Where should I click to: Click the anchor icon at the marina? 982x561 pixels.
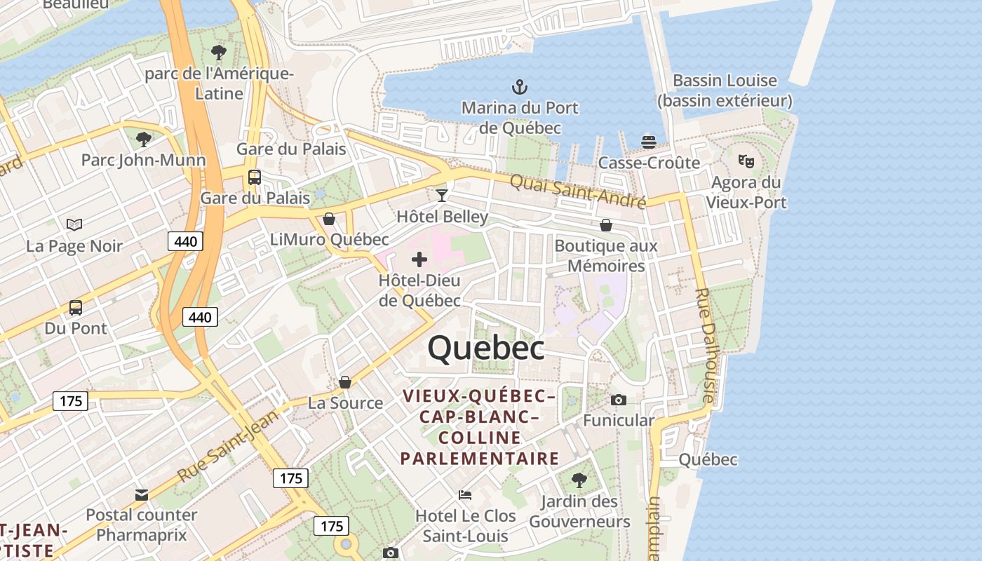click(519, 87)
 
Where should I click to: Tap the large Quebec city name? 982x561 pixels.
click(486, 348)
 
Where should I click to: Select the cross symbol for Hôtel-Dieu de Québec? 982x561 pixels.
click(419, 260)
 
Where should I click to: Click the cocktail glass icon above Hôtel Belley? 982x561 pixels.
click(441, 195)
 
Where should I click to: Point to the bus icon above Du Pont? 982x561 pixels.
click(76, 307)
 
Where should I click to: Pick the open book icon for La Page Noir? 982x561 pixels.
click(74, 224)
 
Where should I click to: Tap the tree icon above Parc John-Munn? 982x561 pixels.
click(144, 140)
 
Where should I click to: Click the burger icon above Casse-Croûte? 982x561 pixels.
click(649, 142)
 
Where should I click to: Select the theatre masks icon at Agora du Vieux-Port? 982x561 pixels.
click(746, 161)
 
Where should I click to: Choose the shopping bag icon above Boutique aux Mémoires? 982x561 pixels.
click(606, 225)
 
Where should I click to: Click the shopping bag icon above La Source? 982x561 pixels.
click(345, 382)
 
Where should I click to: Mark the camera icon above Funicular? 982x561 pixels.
click(619, 400)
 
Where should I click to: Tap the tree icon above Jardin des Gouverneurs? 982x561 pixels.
click(579, 480)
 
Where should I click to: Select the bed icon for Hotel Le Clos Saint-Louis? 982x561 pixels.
click(465, 494)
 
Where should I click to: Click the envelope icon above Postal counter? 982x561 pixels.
click(142, 494)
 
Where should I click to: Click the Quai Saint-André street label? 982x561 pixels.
click(577, 191)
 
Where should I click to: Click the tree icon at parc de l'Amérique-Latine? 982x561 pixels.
click(219, 52)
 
